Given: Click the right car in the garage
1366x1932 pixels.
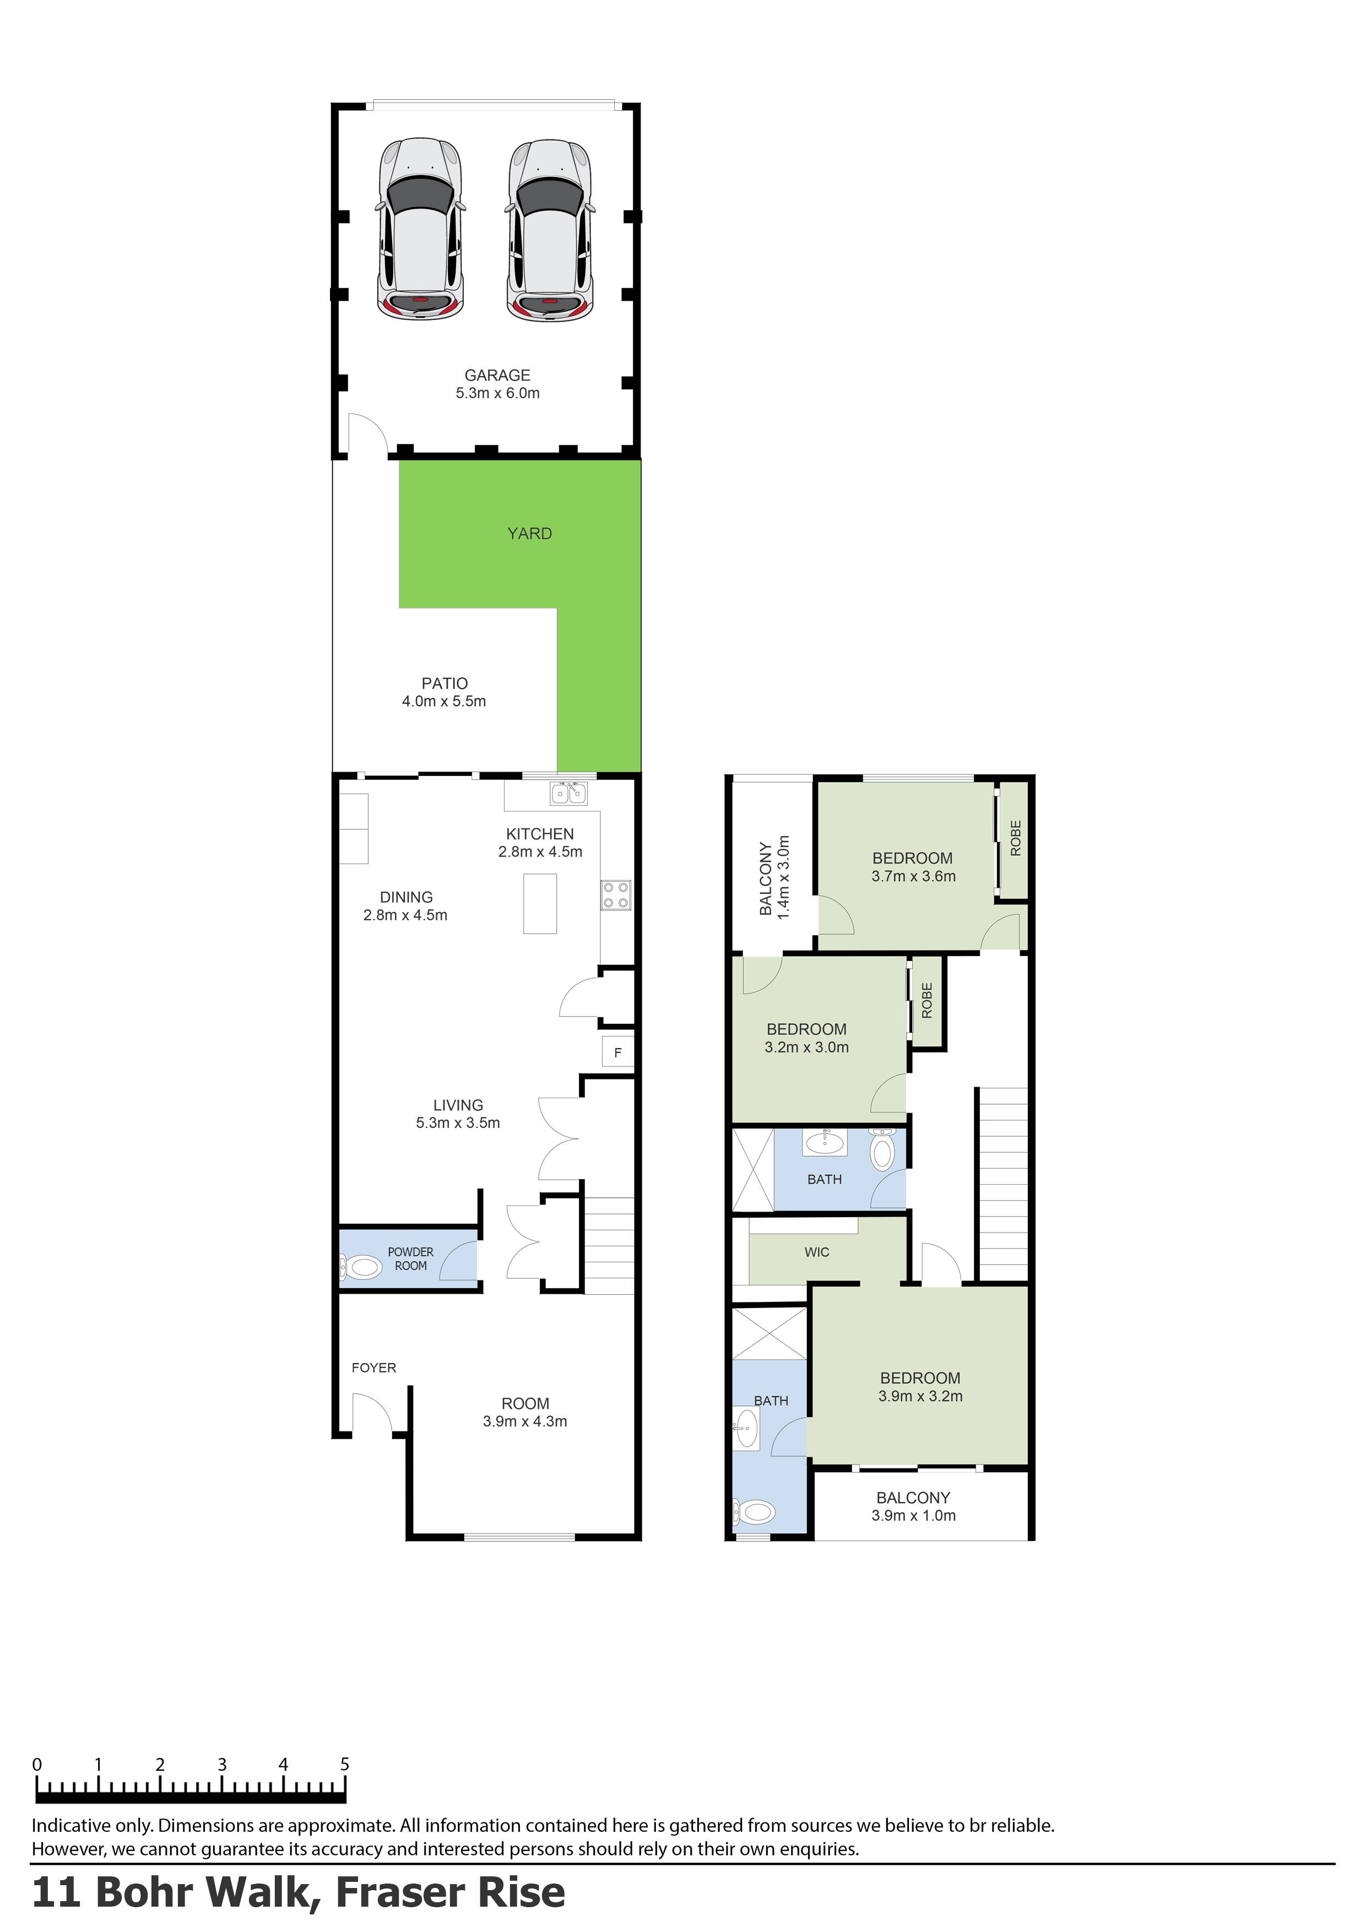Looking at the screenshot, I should pos(550,229).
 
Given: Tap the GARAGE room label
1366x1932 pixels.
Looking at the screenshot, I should pos(497,375).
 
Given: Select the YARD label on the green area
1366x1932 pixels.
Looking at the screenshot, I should pos(529,534).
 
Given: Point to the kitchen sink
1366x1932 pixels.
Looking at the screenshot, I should pos(568,793).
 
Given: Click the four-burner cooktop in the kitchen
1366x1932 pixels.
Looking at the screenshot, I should pos(615,896).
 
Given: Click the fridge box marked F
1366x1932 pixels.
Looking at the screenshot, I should pos(618,1052).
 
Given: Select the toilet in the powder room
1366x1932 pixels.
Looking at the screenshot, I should pos(362,1266).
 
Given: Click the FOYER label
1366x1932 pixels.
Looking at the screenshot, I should pos(373,1367).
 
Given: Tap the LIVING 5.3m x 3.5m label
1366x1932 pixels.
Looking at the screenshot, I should pos(458,1113).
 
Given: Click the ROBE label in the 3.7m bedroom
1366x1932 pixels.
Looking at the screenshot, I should pos(1015,838).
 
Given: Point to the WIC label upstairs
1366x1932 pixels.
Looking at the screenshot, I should pos(816,1252).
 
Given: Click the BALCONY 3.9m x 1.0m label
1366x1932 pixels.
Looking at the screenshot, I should pos(913,1506).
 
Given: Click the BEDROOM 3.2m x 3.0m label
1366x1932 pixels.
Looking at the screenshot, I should pos(806,1038).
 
